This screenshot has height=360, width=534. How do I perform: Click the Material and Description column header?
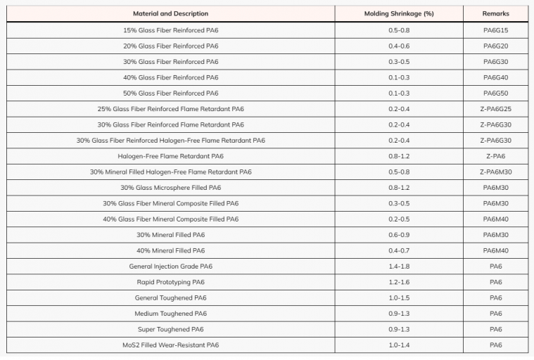(170, 14)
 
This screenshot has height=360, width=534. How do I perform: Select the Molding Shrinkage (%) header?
(398, 14)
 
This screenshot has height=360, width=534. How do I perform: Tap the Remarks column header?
(495, 14)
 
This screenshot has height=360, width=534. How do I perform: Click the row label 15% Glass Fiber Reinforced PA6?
(170, 30)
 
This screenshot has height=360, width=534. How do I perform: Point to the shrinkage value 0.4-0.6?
(398, 46)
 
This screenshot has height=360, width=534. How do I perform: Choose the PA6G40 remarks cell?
(495, 77)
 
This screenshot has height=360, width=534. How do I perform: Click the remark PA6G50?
(495, 93)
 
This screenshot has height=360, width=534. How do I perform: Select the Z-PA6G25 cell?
(495, 109)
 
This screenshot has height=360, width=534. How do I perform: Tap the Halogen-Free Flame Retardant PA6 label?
(170, 156)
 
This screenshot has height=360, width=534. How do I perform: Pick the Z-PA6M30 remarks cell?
(495, 172)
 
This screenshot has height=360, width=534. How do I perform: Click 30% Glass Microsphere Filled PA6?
(170, 188)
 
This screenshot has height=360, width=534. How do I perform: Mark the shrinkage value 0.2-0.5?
(398, 219)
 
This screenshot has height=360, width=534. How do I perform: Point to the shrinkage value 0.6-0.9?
(398, 235)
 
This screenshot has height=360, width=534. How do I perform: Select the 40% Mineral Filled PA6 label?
(170, 250)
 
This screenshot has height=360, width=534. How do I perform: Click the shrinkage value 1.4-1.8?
(398, 266)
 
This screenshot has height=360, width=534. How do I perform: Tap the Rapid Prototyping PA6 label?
(170, 282)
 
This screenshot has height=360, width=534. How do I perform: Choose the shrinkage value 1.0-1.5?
(398, 298)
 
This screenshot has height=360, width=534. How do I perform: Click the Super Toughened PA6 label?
(170, 329)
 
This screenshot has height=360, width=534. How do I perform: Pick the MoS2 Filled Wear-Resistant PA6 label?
(170, 345)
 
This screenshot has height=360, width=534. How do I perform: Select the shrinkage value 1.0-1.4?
(398, 345)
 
